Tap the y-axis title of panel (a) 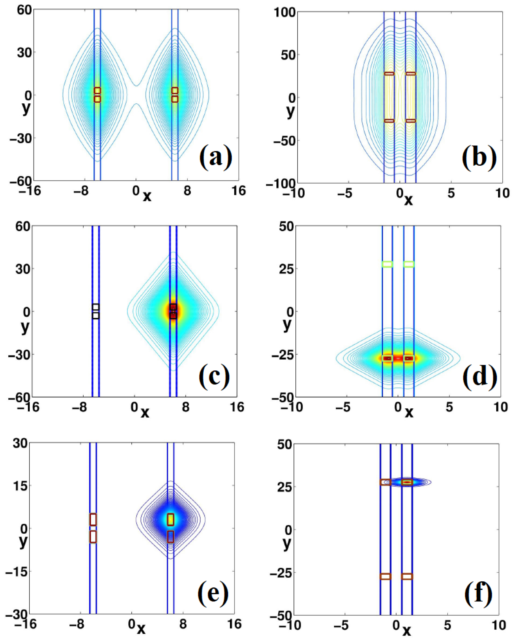26,109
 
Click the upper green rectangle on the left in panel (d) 387,264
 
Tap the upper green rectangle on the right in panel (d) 409,264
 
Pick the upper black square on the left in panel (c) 95,307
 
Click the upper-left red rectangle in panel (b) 389,73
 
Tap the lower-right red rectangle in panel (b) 410,121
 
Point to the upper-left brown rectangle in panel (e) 93,520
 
